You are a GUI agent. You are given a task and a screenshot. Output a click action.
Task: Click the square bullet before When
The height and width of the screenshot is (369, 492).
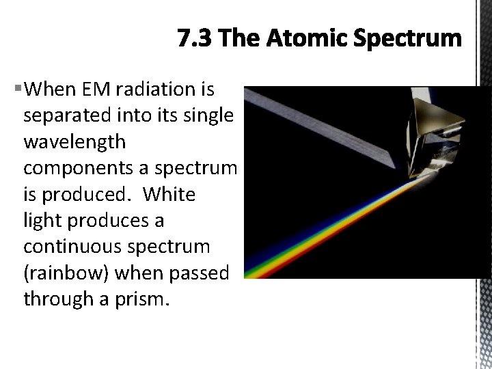[16, 89]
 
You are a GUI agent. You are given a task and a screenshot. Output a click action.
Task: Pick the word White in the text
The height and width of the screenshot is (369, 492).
[170, 195]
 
